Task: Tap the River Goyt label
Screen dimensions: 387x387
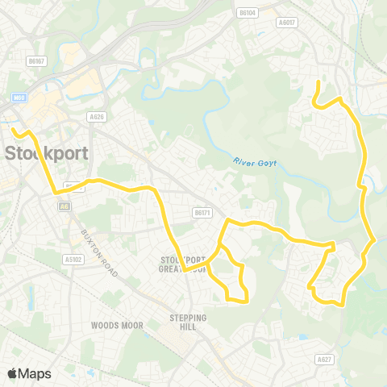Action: tap(255, 162)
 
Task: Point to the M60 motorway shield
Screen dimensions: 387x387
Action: tap(20, 98)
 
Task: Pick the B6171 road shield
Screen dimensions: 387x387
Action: tap(202, 213)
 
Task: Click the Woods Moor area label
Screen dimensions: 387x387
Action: tap(118, 325)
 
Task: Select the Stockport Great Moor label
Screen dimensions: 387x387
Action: tap(186, 264)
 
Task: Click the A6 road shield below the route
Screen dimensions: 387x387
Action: tap(62, 206)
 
